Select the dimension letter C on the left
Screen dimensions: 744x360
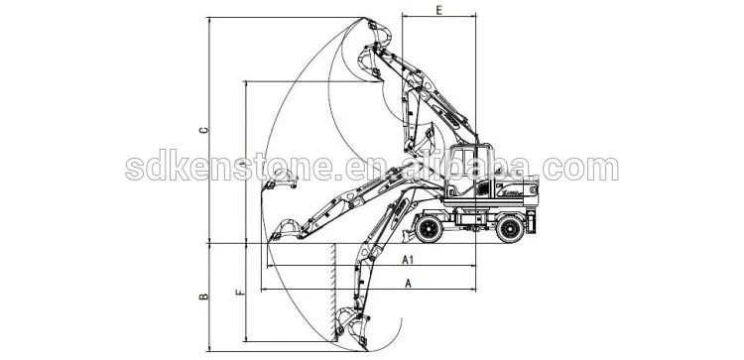pos(203,131)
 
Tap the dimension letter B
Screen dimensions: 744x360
pos(202,295)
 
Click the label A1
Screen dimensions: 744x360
pos(407,260)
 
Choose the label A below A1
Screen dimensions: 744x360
pos(408,283)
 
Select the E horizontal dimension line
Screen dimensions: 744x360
pos(438,17)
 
